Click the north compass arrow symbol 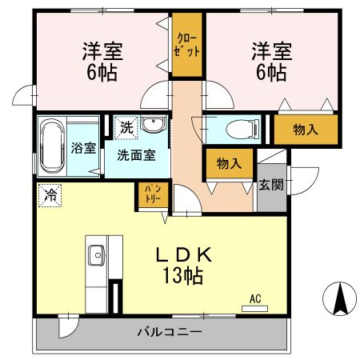click(338, 299)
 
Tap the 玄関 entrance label click(270, 184)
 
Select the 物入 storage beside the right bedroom click(305, 129)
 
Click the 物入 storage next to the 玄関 click(230, 164)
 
